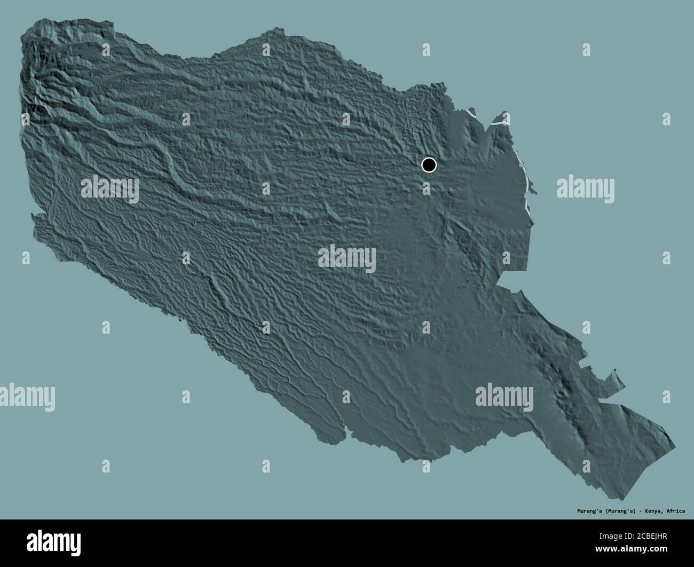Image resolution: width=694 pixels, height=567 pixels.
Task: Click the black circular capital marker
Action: tap(429, 165)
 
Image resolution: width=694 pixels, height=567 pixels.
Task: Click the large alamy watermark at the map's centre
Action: tap(347, 258)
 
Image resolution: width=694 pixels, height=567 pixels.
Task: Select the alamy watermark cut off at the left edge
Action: tap(27, 397)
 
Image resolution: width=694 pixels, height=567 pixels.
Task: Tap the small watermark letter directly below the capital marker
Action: tap(426, 187)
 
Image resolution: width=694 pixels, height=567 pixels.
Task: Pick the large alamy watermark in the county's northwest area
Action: tap(110, 188)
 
